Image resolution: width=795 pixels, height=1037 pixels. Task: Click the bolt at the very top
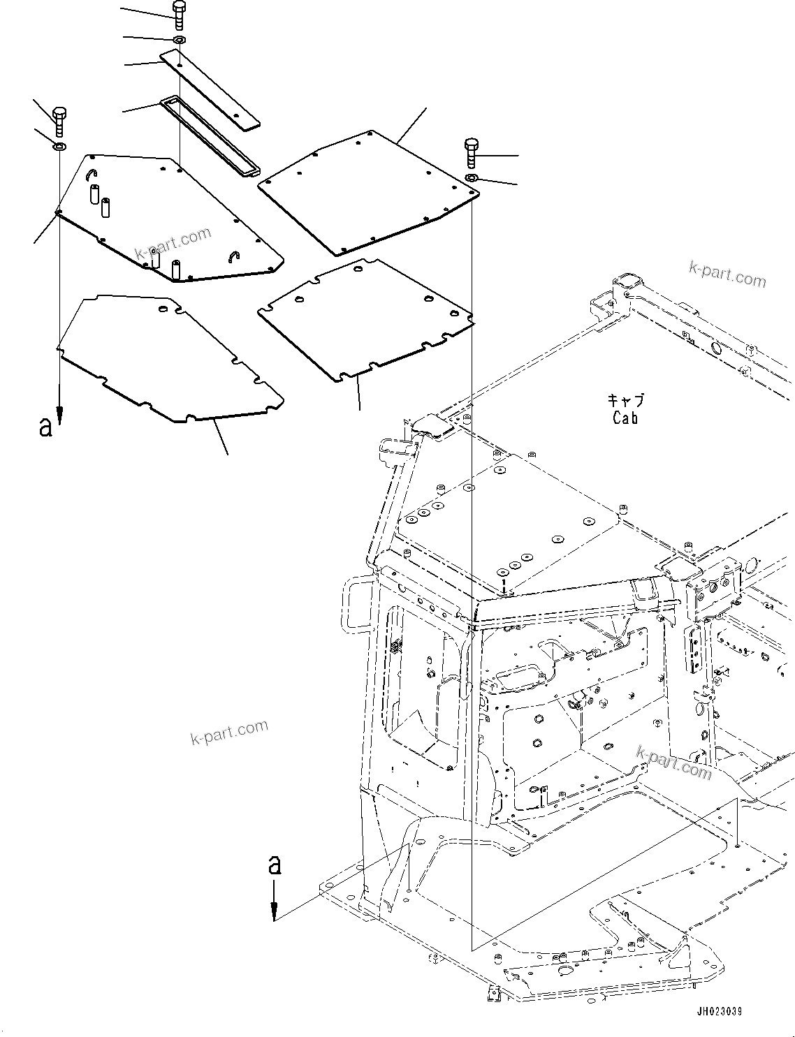click(179, 14)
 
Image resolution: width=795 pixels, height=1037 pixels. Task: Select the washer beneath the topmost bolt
click(179, 39)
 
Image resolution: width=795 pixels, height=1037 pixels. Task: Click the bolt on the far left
click(59, 120)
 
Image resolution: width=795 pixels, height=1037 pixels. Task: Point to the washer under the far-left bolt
click(60, 147)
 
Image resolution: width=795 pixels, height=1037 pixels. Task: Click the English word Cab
click(625, 418)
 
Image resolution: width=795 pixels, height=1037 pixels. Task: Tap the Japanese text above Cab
click(625, 401)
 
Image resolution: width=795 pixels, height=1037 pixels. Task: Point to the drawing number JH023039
click(719, 1011)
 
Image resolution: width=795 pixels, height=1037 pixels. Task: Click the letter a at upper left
click(46, 427)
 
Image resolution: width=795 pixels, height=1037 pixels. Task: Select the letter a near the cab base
click(275, 865)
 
